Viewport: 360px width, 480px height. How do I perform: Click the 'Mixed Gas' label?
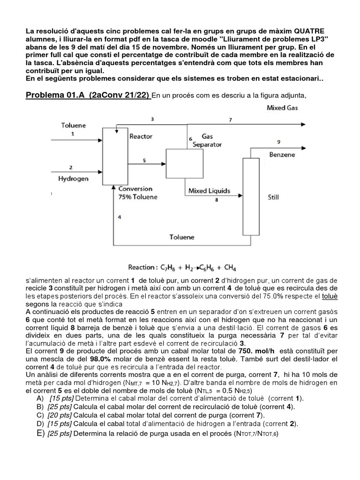coord(282,108)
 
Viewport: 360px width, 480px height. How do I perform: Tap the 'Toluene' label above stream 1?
coord(73,125)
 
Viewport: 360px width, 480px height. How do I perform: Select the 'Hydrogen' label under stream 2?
coord(74,179)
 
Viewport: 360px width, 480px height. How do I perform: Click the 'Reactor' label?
coord(141,136)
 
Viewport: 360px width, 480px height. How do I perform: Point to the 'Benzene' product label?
coord(282,154)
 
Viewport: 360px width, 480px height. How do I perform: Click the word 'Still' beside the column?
coord(273,197)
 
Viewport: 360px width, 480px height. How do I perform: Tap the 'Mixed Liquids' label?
coord(209,191)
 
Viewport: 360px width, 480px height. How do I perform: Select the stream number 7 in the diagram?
coord(230,120)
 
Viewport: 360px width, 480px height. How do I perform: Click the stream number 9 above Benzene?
coord(279,142)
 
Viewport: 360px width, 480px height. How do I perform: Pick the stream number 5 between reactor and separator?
coord(144,160)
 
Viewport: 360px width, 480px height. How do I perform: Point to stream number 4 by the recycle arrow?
coord(120,217)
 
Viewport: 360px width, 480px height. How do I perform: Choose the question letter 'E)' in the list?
coord(40,433)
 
